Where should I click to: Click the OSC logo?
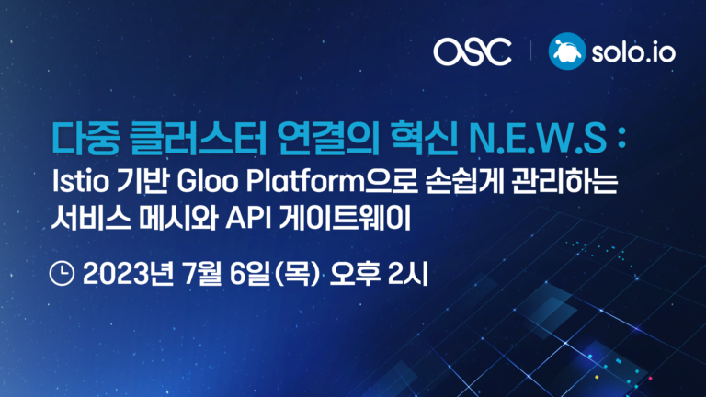[473, 51]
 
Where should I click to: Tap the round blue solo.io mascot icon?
[567, 51]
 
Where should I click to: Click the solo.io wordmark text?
[633, 52]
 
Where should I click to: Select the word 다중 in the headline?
[86, 138]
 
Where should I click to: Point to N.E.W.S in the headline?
[538, 139]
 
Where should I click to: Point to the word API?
[248, 219]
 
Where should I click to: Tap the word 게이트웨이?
[345, 219]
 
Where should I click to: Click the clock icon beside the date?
[62, 273]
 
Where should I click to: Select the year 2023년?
[129, 274]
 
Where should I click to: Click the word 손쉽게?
[463, 181]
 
